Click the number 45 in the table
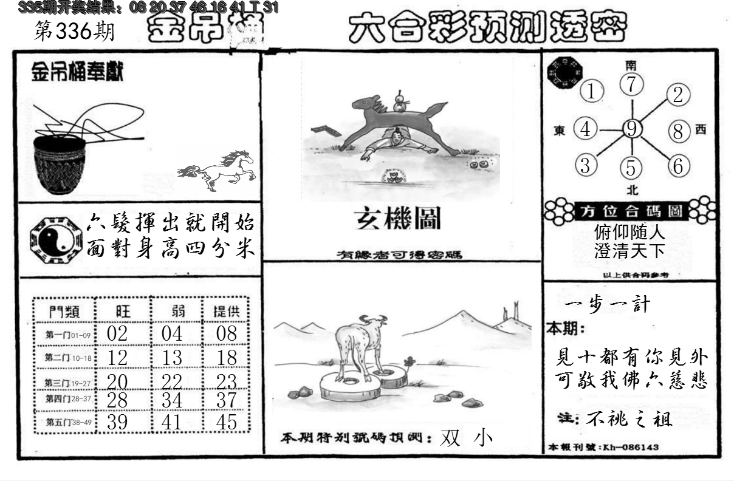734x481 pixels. coord(226,422)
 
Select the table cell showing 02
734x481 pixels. coord(117,335)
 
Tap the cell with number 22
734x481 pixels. coord(172,381)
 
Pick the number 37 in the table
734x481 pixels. coord(226,401)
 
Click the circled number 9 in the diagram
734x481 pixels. coord(632,129)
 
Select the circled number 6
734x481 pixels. coord(678,165)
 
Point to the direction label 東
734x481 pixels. coord(559,130)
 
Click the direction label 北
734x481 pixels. coord(632,189)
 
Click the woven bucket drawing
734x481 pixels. coord(59,164)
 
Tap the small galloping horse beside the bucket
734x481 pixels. coord(217,169)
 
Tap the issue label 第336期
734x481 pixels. coord(74,32)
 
